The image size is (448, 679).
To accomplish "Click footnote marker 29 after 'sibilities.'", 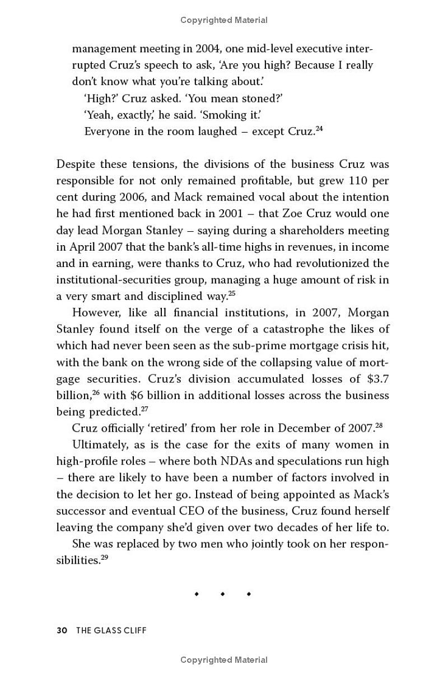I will [105, 557].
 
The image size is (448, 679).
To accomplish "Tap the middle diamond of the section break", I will [222, 593].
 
